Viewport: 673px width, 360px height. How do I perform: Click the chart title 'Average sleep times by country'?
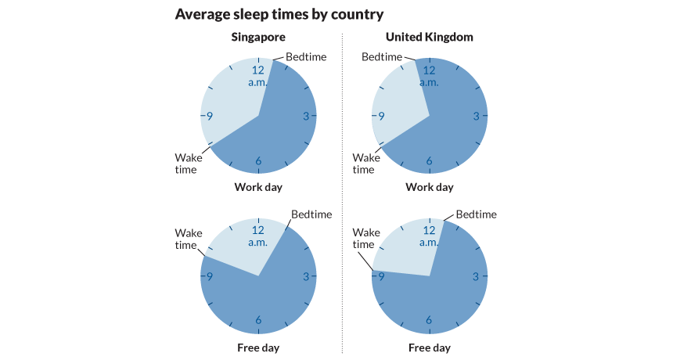pyautogui.click(x=279, y=14)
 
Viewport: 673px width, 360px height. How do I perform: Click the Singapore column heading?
pyautogui.click(x=258, y=38)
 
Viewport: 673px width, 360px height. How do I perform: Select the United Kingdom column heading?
pyautogui.click(x=429, y=38)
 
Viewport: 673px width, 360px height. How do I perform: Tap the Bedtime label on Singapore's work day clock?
pyautogui.click(x=306, y=57)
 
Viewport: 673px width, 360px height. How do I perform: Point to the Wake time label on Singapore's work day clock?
pyautogui.click(x=188, y=164)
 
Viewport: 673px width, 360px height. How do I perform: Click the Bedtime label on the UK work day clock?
pyautogui.click(x=382, y=57)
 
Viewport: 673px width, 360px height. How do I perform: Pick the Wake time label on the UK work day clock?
pyautogui.click(x=366, y=164)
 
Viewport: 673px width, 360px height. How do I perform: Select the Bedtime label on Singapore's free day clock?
pyautogui.click(x=311, y=214)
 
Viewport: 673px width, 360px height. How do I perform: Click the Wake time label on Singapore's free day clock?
pyautogui.click(x=188, y=239)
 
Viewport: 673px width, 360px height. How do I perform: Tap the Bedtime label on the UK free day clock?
pyautogui.click(x=476, y=214)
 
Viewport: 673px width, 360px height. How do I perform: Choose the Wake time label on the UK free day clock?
pyautogui.click(x=366, y=238)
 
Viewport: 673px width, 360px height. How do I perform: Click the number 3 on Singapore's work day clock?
pyautogui.click(x=305, y=117)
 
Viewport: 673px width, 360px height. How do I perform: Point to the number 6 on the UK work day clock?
pyautogui.click(x=429, y=162)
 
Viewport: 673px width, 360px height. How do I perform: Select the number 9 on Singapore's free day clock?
pyautogui.click(x=210, y=276)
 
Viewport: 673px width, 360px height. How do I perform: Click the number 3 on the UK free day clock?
pyautogui.click(x=476, y=276)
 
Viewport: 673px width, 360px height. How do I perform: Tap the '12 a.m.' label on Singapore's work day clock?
pyautogui.click(x=258, y=76)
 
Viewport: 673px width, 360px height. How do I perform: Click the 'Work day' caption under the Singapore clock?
pyautogui.click(x=258, y=187)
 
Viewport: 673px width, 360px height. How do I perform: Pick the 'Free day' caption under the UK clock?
pyautogui.click(x=429, y=347)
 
